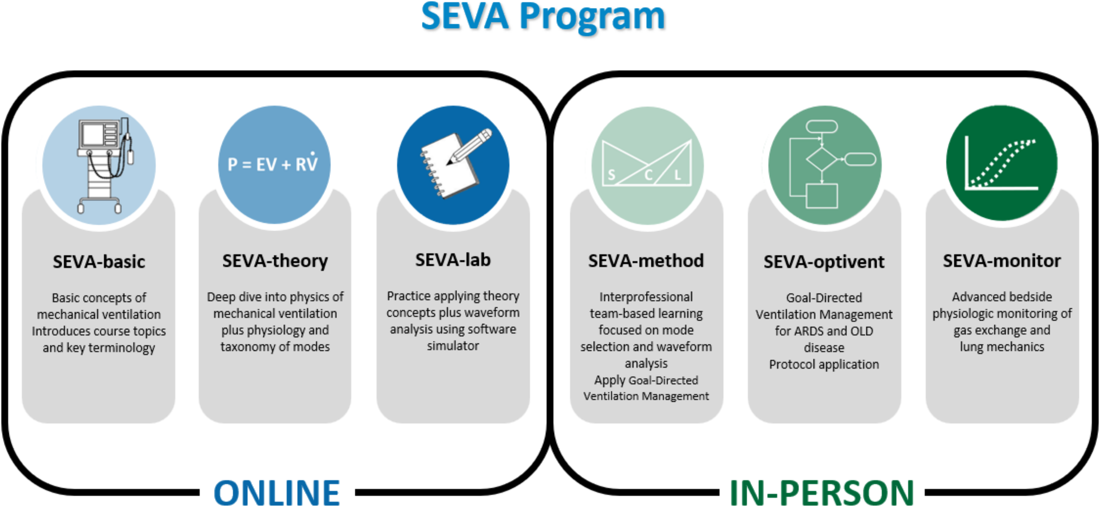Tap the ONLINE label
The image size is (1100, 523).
tap(277, 493)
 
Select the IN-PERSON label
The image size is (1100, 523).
tap(821, 493)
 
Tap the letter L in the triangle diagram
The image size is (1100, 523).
tap(677, 175)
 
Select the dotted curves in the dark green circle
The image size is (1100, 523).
tap(1003, 162)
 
